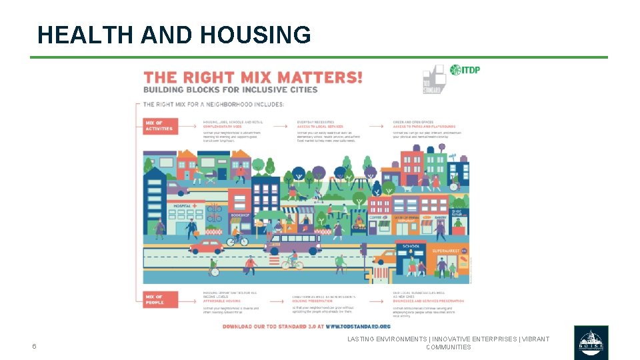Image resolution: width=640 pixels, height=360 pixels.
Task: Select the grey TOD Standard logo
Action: pos(433,79)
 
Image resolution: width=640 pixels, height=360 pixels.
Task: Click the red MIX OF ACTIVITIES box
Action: pos(160,125)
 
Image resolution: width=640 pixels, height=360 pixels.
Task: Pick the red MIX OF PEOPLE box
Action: pos(160,300)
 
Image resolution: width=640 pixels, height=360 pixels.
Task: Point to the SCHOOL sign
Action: pos(411,246)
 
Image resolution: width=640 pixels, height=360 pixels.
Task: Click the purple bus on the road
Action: pos(293,243)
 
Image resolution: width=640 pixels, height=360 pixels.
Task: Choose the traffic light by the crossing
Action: pos(363,251)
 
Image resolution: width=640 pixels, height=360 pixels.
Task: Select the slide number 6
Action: pos(34,346)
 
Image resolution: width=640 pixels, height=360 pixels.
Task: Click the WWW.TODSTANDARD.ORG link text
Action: pos(358,326)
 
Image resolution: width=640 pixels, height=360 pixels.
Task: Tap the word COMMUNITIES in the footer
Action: pos(448,347)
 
